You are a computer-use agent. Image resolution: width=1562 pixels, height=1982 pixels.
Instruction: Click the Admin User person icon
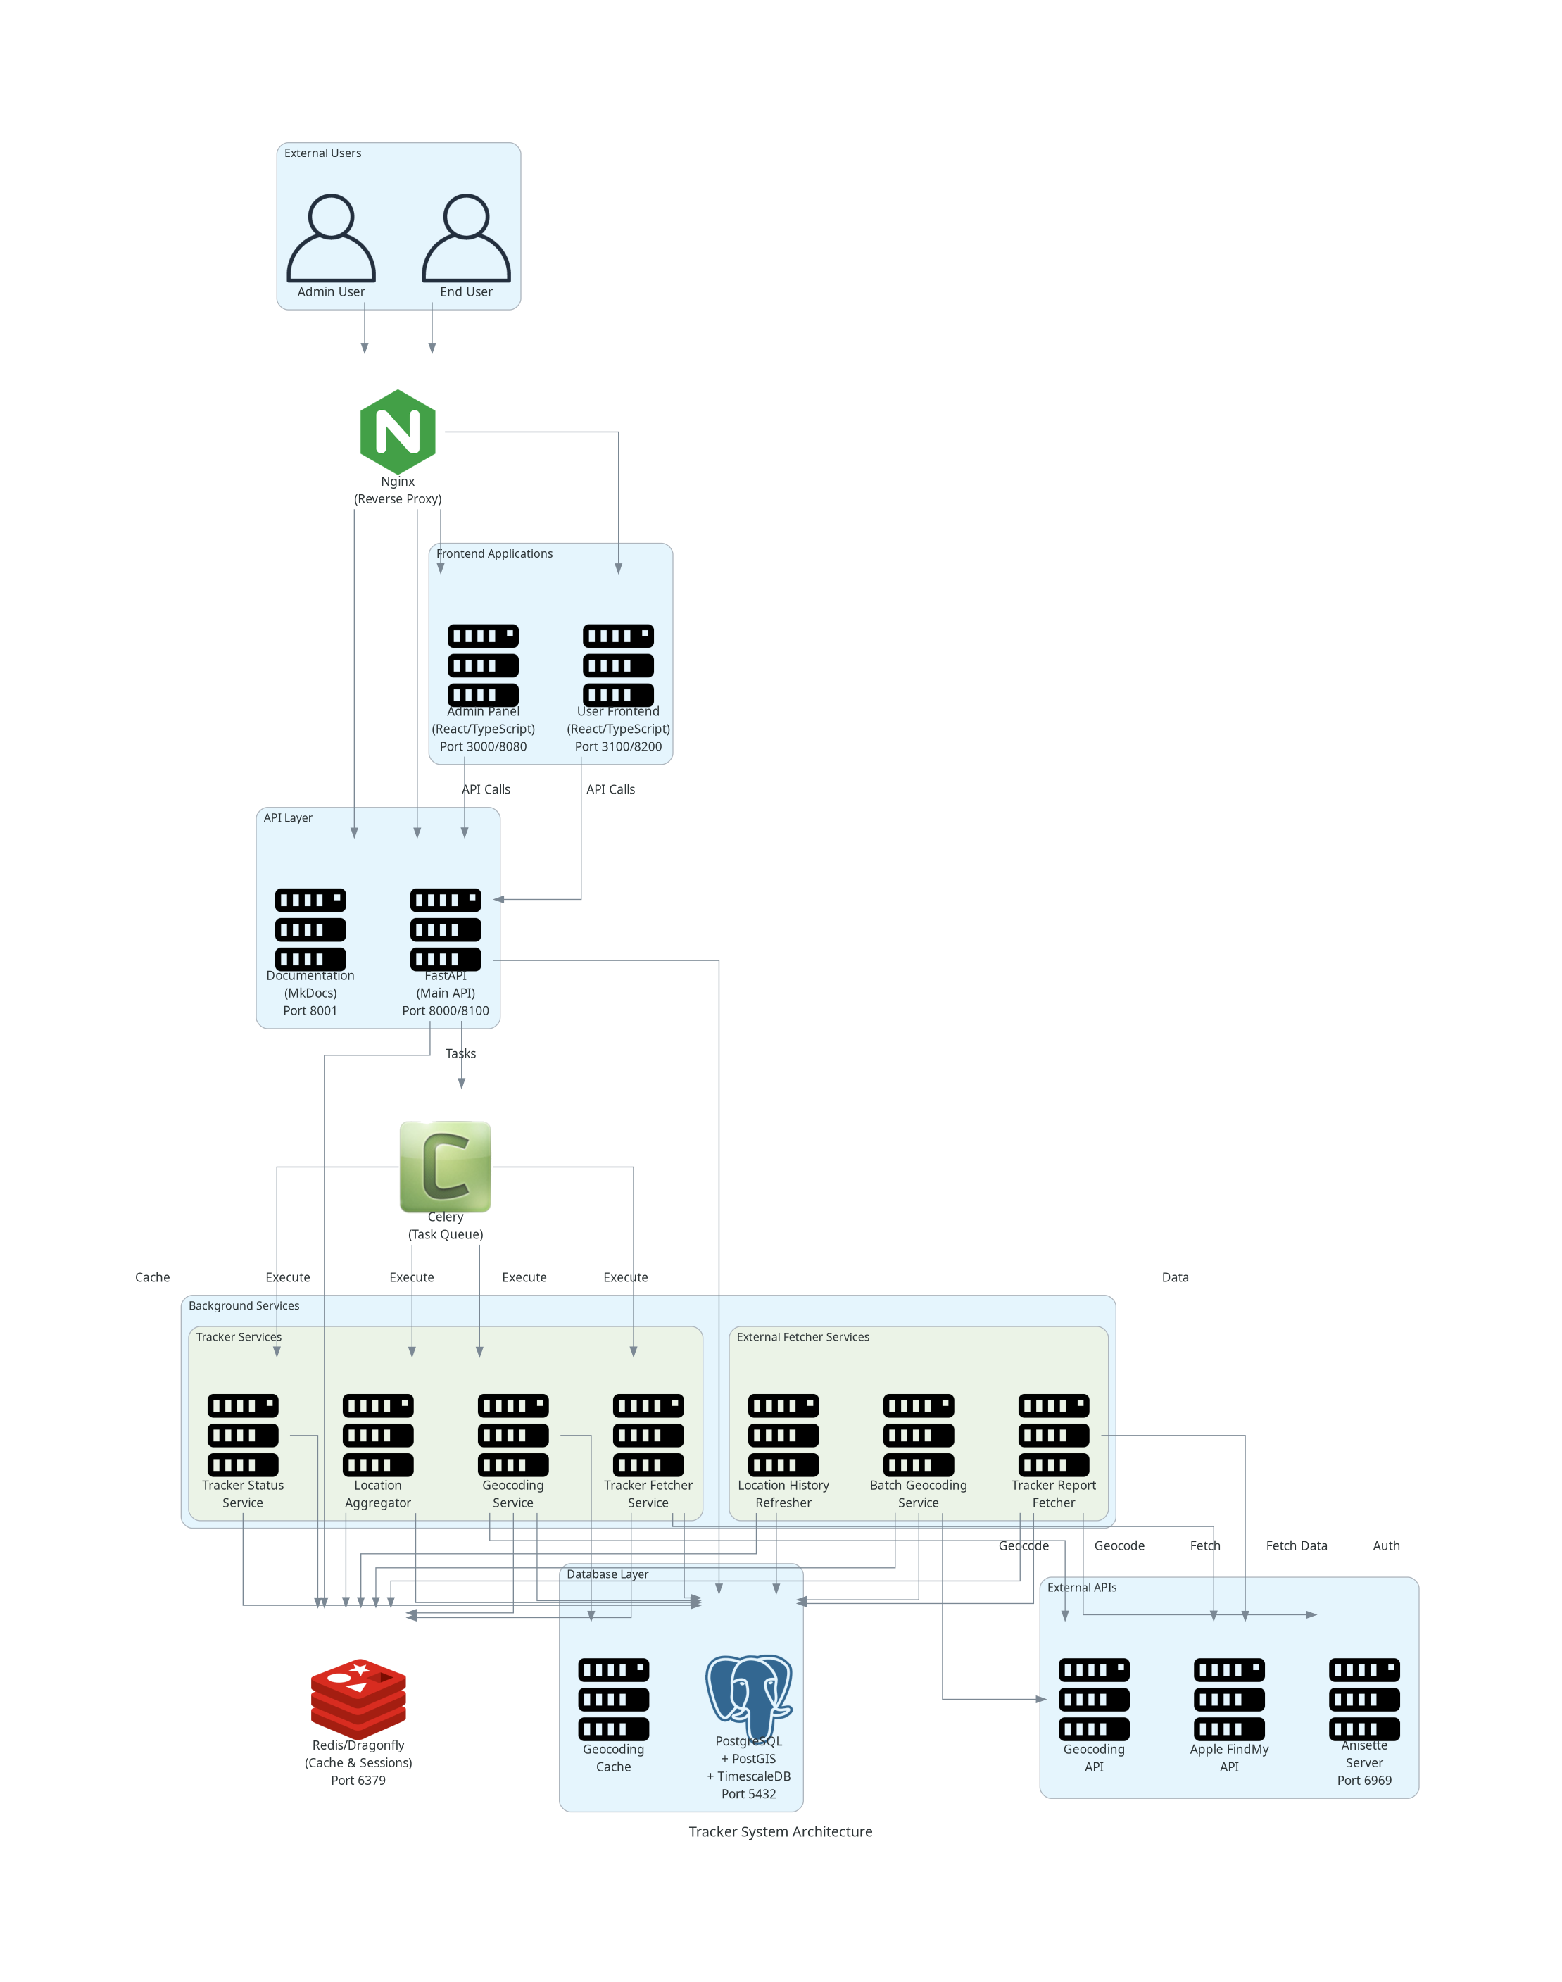click(x=331, y=238)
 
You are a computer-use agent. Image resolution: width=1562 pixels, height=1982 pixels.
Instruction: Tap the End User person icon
click(x=467, y=238)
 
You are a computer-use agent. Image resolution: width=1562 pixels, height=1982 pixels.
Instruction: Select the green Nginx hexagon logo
click(x=398, y=432)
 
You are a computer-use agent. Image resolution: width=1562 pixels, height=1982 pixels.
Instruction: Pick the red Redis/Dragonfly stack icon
click(x=358, y=1698)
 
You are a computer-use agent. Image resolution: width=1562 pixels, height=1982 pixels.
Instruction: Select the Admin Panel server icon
click(x=483, y=665)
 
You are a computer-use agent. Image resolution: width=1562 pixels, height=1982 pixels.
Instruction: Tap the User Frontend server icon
click(x=618, y=665)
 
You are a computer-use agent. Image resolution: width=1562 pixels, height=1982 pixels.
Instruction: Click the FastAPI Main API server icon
click(x=446, y=929)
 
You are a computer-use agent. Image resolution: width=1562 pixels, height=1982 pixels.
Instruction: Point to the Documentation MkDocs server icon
click(x=310, y=929)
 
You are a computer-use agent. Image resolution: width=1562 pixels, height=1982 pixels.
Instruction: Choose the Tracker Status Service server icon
click(x=242, y=1435)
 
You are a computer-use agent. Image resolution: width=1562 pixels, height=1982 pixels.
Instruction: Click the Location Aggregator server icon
click(x=378, y=1435)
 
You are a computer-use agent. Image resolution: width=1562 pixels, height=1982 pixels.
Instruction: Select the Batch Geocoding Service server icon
click(x=918, y=1435)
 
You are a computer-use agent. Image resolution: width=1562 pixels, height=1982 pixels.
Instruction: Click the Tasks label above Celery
click(x=461, y=1053)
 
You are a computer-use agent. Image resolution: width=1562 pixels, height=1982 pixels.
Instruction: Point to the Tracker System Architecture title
click(x=780, y=1831)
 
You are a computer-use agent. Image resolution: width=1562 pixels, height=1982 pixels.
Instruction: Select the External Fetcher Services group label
click(x=803, y=1336)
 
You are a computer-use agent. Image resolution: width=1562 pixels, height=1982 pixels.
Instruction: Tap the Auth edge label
click(x=1385, y=1545)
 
